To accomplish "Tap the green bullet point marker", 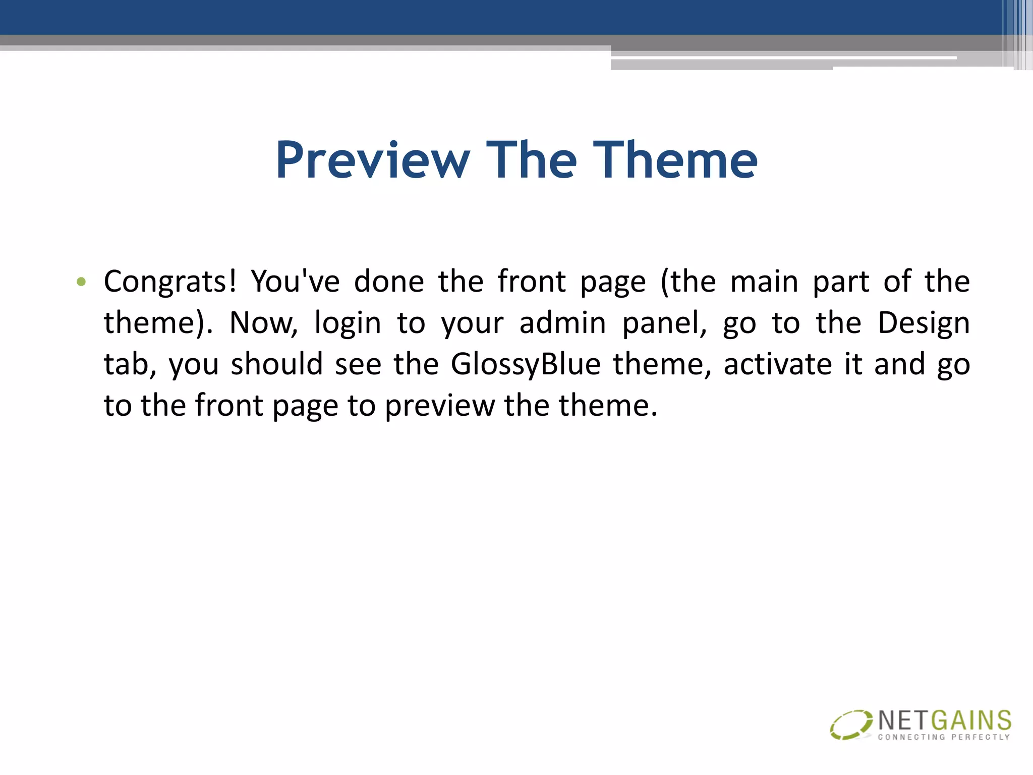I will click(x=81, y=282).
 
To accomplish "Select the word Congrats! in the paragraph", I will click(x=170, y=282).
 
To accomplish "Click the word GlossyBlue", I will click(x=526, y=364).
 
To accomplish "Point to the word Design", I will click(x=923, y=323).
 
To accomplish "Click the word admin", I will click(x=562, y=323).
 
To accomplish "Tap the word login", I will click(x=348, y=323).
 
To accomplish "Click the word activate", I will click(x=777, y=364).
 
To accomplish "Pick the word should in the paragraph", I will click(x=276, y=364).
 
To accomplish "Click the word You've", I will click(x=295, y=282).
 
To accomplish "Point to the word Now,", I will click(x=263, y=323).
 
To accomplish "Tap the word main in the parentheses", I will click(x=764, y=282).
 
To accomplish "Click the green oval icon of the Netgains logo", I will click(x=850, y=725).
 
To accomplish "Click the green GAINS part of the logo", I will click(x=971, y=721).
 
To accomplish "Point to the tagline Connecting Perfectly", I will click(x=944, y=737).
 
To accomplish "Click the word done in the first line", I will click(x=389, y=282).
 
